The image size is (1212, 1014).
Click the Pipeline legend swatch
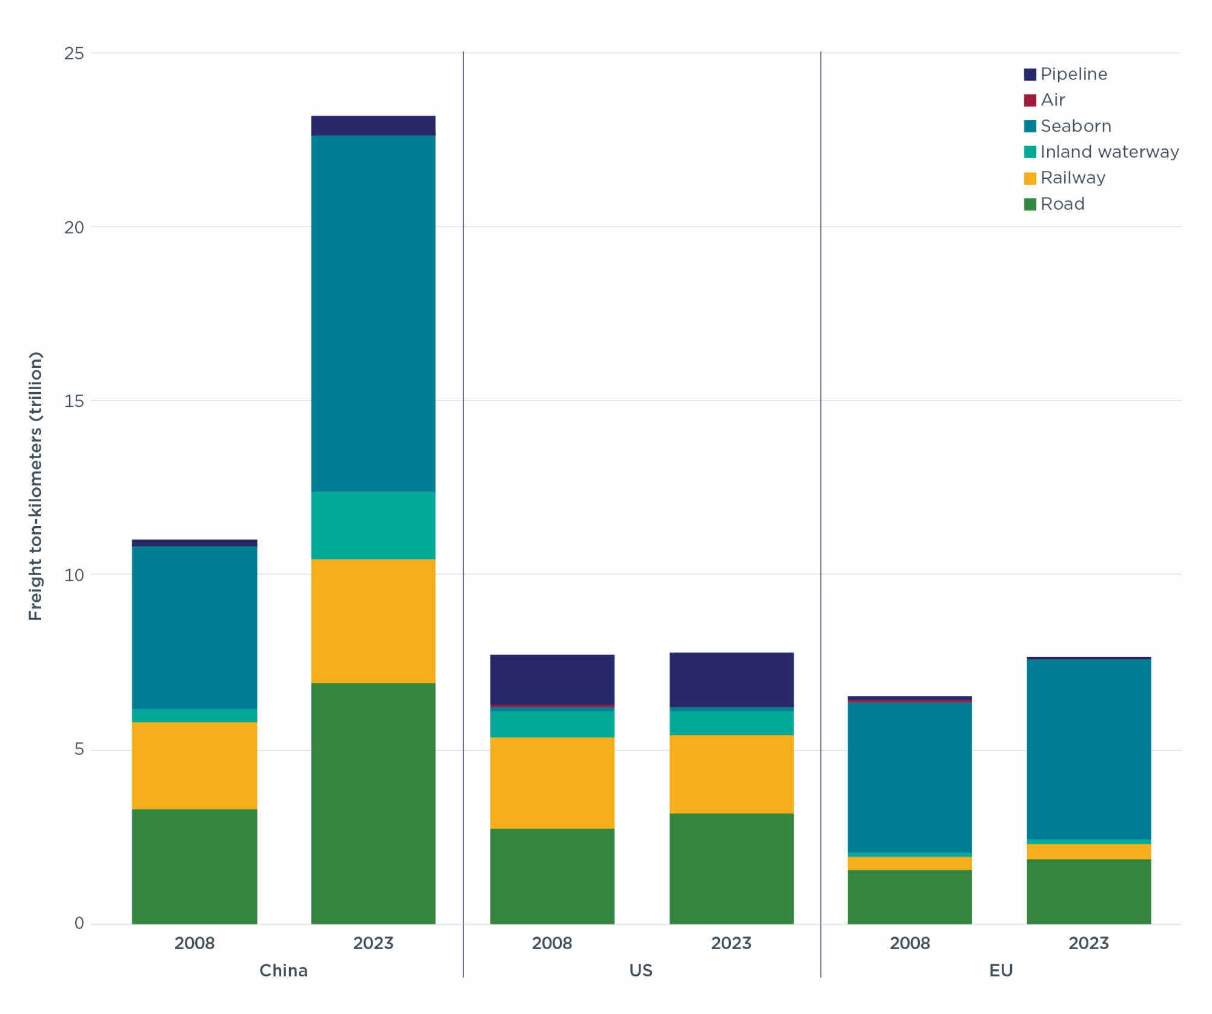[x=1030, y=75]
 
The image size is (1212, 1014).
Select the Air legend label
[x=1053, y=100]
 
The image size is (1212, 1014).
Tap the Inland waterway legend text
[x=1110, y=152]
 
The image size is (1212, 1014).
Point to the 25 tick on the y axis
[x=74, y=53]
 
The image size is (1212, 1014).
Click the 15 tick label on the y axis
[x=74, y=401]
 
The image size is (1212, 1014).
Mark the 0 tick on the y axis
[x=79, y=923]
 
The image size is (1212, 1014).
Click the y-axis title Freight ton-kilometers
[x=36, y=486]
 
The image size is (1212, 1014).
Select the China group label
[x=284, y=970]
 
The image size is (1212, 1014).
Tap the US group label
[x=641, y=970]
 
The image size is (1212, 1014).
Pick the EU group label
[x=1001, y=970]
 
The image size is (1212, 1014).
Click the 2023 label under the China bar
[x=373, y=943]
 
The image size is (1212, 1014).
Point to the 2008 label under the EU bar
[x=909, y=943]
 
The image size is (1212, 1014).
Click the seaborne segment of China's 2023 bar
[x=373, y=313]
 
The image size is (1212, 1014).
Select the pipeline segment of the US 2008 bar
[x=552, y=679]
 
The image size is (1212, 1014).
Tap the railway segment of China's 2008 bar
[x=195, y=765]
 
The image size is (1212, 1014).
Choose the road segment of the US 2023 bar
[x=731, y=869]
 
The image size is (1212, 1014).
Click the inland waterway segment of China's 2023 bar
[x=373, y=525]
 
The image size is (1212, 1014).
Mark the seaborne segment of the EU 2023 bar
[x=1088, y=749]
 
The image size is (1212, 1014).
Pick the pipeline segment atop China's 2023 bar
[x=373, y=125]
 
